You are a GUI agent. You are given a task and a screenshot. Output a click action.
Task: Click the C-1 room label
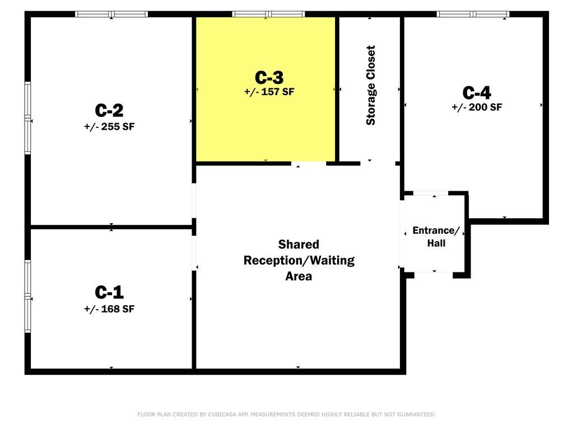coord(109,292)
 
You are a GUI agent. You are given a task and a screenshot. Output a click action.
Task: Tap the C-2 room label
coord(109,110)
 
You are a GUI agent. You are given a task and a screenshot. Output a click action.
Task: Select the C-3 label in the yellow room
coord(269,77)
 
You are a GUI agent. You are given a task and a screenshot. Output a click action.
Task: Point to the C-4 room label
coord(477,93)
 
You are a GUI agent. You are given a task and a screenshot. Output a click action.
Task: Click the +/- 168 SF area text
coord(109,309)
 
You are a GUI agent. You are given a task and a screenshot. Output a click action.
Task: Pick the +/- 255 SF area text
coord(109,126)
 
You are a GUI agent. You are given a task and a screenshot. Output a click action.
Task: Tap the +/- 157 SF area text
coord(269,92)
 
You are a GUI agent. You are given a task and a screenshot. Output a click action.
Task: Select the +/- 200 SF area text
coord(477,107)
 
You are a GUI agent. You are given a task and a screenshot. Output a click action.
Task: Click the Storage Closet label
coord(371,86)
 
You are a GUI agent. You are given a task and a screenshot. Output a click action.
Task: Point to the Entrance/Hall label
coord(436,237)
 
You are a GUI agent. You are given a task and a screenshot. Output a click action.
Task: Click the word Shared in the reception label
coord(299,244)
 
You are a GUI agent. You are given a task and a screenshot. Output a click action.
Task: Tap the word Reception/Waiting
coord(299,261)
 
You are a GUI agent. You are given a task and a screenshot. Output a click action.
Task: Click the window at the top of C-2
coord(111,14)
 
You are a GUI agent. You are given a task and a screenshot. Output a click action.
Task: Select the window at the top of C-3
coord(268,14)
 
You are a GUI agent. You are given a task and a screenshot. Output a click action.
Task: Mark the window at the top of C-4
coord(473,14)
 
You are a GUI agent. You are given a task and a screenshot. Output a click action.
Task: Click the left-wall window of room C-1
coord(28,296)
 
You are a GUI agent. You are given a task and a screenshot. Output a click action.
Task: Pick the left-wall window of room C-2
coord(28,118)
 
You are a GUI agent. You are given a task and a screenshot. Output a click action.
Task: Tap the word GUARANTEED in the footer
coord(416,414)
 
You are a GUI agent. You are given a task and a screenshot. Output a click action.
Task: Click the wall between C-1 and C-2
coord(111,227)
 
